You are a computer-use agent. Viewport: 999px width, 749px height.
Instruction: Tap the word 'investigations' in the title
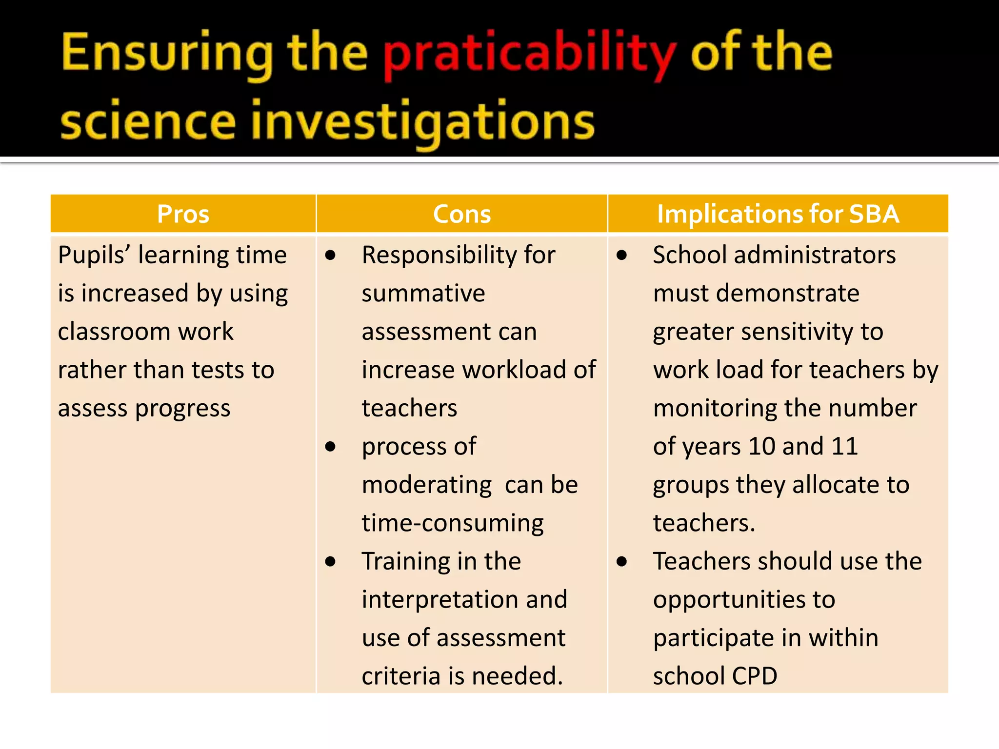point(422,122)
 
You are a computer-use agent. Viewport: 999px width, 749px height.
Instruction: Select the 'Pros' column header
point(183,214)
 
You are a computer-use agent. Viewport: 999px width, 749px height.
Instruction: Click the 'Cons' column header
point(461,214)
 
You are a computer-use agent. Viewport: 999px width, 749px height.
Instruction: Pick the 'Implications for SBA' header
point(778,214)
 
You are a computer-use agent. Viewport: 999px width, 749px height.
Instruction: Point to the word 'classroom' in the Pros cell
point(113,332)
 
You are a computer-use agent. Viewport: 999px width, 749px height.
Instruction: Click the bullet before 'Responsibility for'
point(330,255)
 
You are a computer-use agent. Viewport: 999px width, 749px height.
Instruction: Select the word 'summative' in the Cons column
point(423,294)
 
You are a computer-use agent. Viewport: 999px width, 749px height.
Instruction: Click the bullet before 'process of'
point(330,447)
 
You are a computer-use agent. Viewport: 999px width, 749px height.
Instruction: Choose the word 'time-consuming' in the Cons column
point(453,523)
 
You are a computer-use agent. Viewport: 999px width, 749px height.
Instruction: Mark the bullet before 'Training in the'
point(330,562)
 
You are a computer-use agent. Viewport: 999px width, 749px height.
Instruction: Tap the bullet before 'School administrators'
point(621,255)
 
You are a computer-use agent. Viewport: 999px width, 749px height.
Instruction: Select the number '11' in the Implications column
point(844,447)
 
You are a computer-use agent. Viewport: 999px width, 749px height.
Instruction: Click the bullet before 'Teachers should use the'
point(621,562)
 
